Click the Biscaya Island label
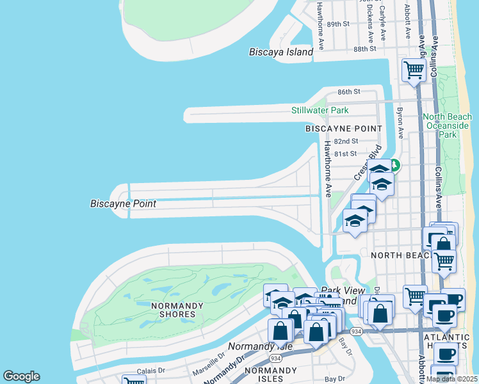coord(280,52)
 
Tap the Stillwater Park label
coord(320,110)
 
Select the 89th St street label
coord(337,24)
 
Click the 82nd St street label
coord(345,141)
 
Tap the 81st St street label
coord(345,154)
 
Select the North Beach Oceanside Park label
coord(448,125)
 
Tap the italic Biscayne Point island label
coord(124,204)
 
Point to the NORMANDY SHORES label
coord(173,310)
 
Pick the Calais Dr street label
coord(152,370)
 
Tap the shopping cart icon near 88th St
coord(414,70)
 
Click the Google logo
coord(21,376)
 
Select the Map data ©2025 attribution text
coord(451,379)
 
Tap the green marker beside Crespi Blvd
coord(396,166)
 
